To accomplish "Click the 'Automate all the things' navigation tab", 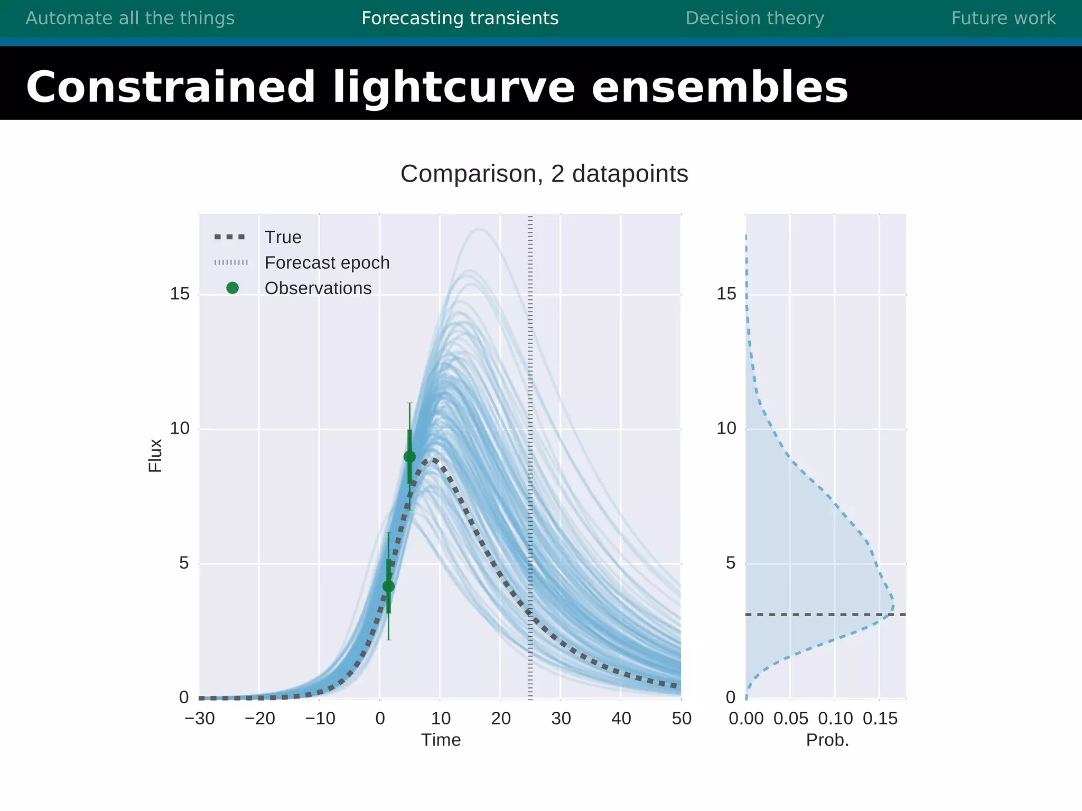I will pyautogui.click(x=130, y=18).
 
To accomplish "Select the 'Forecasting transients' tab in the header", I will pyautogui.click(x=460, y=18).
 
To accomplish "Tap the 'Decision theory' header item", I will pyautogui.click(x=754, y=18).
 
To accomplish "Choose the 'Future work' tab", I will pyautogui.click(x=1003, y=18).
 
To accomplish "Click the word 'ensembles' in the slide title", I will pyautogui.click(x=720, y=87).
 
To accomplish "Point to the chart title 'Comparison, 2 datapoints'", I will pyautogui.click(x=544, y=174).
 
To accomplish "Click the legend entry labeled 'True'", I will pyautogui.click(x=283, y=237).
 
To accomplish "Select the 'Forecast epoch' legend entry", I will pyautogui.click(x=327, y=262).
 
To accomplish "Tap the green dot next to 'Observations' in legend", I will pyautogui.click(x=232, y=288).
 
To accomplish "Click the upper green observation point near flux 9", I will pyautogui.click(x=409, y=457).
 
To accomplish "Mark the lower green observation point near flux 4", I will pyautogui.click(x=388, y=586).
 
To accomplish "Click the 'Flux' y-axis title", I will pyautogui.click(x=155, y=456).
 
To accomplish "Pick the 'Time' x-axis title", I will pyautogui.click(x=441, y=740).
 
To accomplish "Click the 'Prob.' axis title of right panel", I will pyautogui.click(x=827, y=740).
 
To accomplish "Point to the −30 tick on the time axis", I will pyautogui.click(x=200, y=719).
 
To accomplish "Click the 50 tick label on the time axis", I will pyautogui.click(x=682, y=719).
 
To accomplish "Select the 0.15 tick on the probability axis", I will pyautogui.click(x=880, y=719).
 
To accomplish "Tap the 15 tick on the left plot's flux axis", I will pyautogui.click(x=180, y=294).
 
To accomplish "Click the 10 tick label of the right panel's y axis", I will pyautogui.click(x=726, y=428).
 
